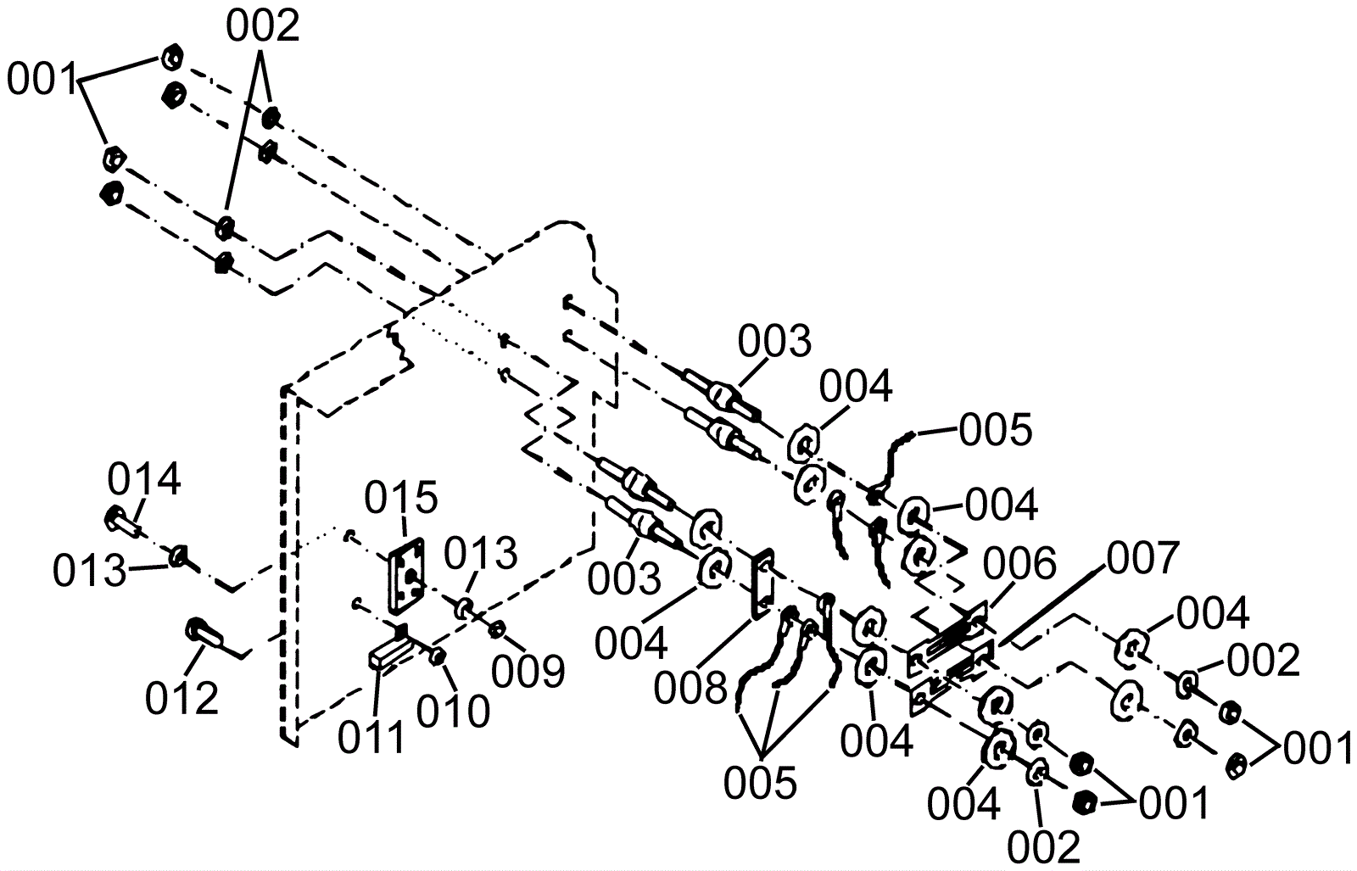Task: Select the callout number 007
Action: [x=1142, y=557]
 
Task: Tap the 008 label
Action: [x=690, y=688]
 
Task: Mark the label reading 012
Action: [x=181, y=699]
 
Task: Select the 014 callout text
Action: [x=144, y=481]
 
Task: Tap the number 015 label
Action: [x=401, y=498]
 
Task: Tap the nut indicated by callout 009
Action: [x=498, y=628]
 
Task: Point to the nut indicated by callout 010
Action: [x=438, y=656]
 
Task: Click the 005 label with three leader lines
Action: [x=760, y=783]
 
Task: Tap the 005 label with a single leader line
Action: [x=996, y=431]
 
